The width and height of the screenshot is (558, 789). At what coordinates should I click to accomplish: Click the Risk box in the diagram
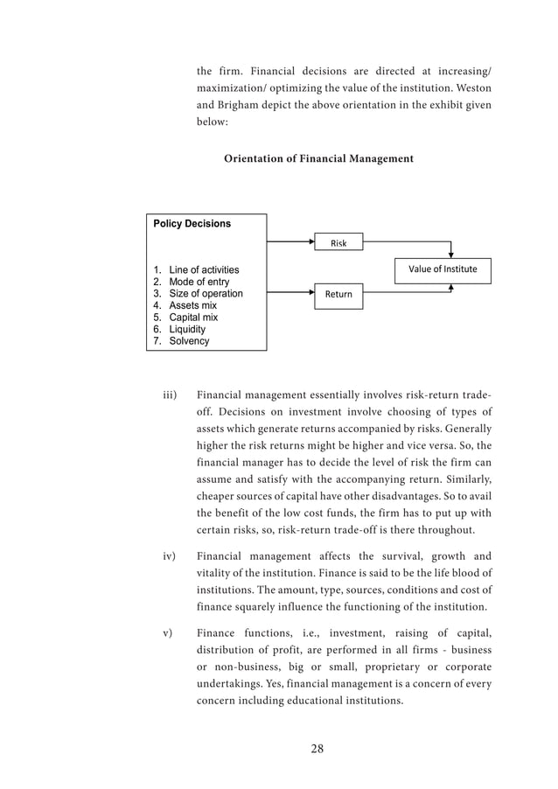pos(338,242)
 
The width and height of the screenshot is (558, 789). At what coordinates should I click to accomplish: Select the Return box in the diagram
pos(338,294)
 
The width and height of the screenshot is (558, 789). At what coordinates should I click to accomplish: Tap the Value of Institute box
pos(443,269)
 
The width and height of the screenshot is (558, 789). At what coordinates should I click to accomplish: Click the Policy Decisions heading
pos(192,224)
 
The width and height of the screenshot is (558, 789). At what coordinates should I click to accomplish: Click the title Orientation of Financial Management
pos(318,159)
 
